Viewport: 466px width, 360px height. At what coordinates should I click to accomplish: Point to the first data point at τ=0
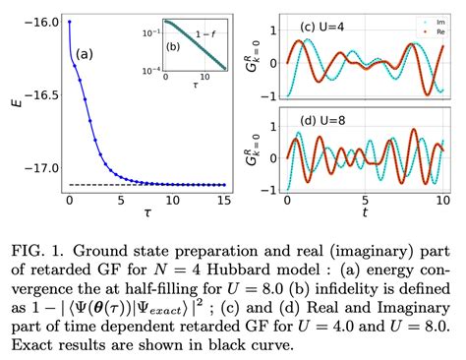tap(69, 20)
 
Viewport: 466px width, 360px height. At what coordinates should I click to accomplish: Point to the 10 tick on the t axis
tap(439, 200)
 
